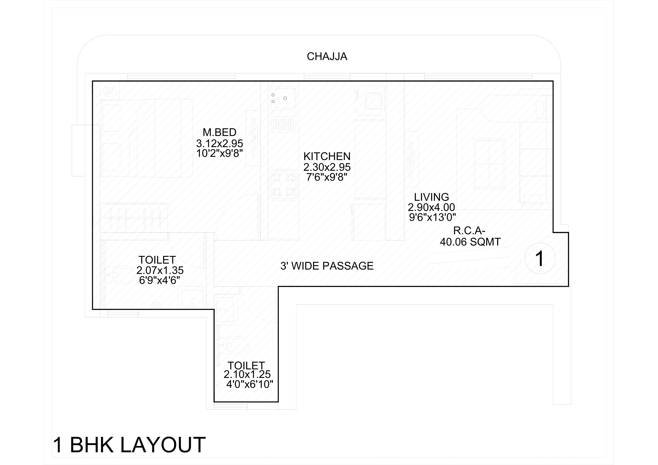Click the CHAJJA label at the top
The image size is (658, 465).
(x=327, y=57)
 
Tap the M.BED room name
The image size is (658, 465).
(x=220, y=132)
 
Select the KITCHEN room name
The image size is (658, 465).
(x=327, y=156)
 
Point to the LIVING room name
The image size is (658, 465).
(x=431, y=197)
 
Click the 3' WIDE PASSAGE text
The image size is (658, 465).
(x=327, y=266)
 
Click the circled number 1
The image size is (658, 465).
(x=540, y=258)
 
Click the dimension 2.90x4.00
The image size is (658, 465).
(x=431, y=207)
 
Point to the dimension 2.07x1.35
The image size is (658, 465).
(x=160, y=270)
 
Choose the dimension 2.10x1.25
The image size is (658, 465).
(x=247, y=374)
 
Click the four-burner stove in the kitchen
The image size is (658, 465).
(x=283, y=184)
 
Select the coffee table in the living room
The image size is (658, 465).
(x=489, y=164)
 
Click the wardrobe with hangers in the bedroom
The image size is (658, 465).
(x=134, y=218)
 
